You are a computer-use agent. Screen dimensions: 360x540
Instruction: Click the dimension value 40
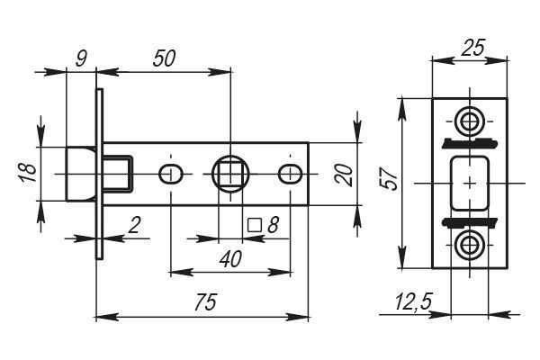pyautogui.click(x=230, y=258)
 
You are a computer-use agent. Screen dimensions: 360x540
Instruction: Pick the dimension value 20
pyautogui.click(x=343, y=174)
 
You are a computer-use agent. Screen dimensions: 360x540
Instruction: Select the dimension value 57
pyautogui.click(x=390, y=178)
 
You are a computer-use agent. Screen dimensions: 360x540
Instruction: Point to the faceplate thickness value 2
pyautogui.click(x=134, y=225)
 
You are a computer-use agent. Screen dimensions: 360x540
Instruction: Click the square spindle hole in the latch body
pyautogui.click(x=231, y=173)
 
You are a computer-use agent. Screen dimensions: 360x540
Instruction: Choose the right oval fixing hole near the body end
pyautogui.click(x=292, y=173)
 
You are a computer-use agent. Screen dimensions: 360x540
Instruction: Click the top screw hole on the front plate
pyautogui.click(x=470, y=120)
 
